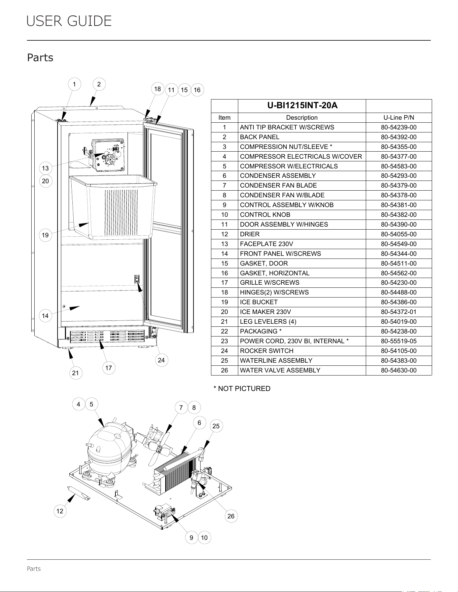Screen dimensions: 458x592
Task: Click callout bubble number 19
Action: (45, 235)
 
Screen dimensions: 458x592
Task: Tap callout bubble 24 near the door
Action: (161, 360)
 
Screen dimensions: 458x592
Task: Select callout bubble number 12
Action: (60, 511)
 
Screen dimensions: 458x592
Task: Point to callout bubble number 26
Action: (231, 516)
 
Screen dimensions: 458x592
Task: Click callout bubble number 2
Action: (99, 84)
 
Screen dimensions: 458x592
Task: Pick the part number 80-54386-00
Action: (399, 302)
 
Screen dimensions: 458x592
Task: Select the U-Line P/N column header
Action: (399, 118)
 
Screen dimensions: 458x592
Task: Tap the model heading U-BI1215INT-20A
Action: (302, 106)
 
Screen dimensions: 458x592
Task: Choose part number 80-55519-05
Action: (399, 341)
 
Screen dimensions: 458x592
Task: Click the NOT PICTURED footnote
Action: (242, 389)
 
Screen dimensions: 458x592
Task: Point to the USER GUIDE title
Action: (69, 21)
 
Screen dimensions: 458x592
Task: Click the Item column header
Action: (224, 118)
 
